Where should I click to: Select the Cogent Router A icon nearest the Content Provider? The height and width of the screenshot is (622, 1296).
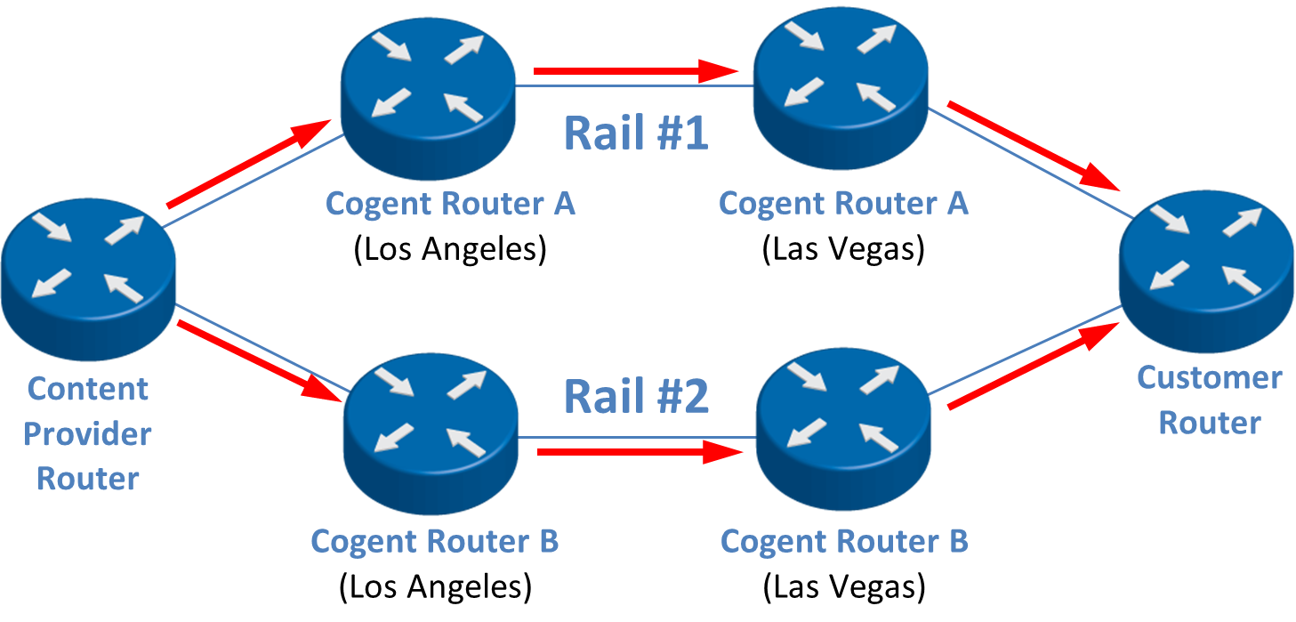click(427, 93)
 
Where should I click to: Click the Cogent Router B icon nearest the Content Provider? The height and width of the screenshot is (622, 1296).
click(431, 433)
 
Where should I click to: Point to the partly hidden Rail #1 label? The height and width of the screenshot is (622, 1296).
click(628, 132)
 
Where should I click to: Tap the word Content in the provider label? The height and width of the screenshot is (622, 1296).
click(88, 388)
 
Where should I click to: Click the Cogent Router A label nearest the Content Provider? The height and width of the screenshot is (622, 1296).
click(450, 204)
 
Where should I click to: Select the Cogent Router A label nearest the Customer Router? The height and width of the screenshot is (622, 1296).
click(842, 204)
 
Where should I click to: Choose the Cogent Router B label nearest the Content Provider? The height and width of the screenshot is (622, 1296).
click(434, 541)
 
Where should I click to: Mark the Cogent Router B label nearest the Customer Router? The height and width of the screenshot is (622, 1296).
click(844, 541)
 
